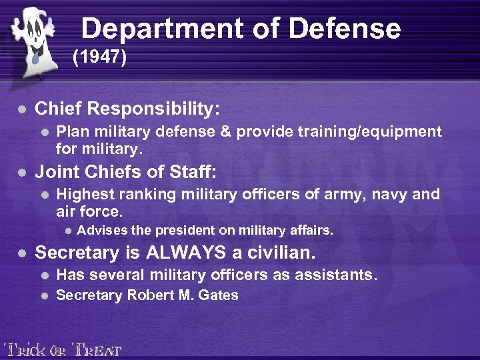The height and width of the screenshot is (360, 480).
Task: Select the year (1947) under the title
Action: [x=99, y=57]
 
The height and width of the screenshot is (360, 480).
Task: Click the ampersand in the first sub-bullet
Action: [x=225, y=131]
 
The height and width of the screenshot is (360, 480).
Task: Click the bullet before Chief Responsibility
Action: [x=22, y=109]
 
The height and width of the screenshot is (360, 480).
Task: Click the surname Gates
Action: [x=221, y=295]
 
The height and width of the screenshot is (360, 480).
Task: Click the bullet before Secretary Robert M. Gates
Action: [x=45, y=295]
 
